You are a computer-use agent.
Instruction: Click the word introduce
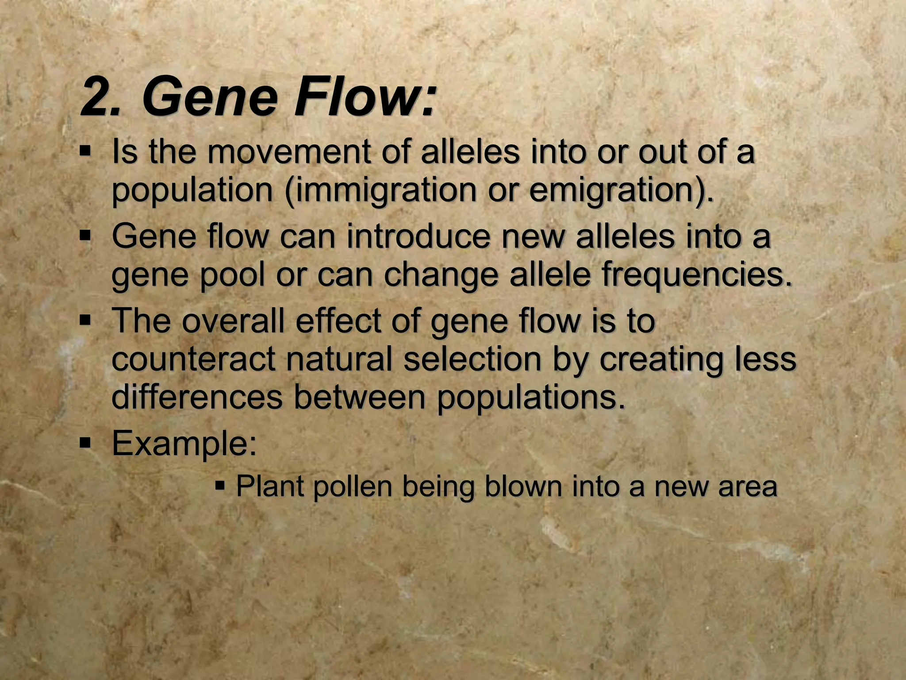pyautogui.click(x=418, y=236)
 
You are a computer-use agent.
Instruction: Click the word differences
pyautogui.click(x=197, y=397)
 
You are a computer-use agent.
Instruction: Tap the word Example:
pyautogui.click(x=184, y=444)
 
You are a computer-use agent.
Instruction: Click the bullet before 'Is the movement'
pyautogui.click(x=85, y=151)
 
